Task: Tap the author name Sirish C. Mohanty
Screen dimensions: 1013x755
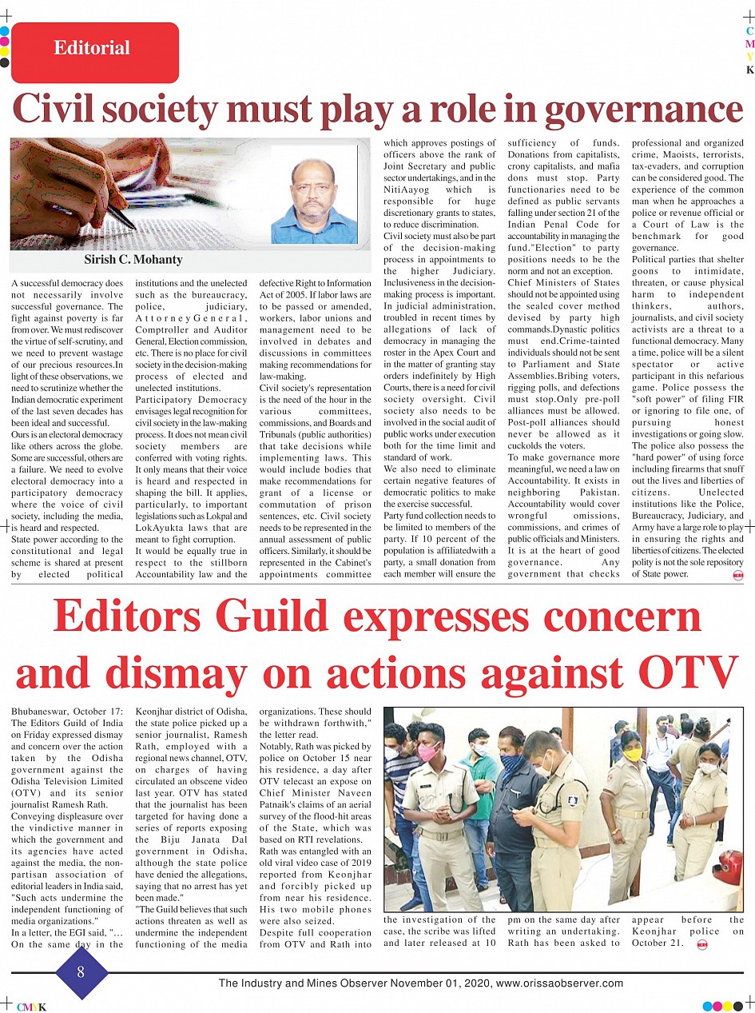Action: click(133, 260)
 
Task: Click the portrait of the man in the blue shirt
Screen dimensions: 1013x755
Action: click(313, 197)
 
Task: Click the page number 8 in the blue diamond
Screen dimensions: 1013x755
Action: click(80, 972)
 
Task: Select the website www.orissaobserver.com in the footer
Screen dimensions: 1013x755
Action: click(559, 983)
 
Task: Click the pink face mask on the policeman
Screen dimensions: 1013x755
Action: click(428, 752)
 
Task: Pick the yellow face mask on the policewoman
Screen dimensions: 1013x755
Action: click(633, 754)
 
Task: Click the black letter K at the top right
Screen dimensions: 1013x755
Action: click(749, 70)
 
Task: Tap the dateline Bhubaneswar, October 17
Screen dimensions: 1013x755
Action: click(68, 711)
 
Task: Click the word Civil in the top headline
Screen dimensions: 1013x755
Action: click(74, 110)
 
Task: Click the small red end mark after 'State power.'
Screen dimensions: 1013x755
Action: click(737, 574)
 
